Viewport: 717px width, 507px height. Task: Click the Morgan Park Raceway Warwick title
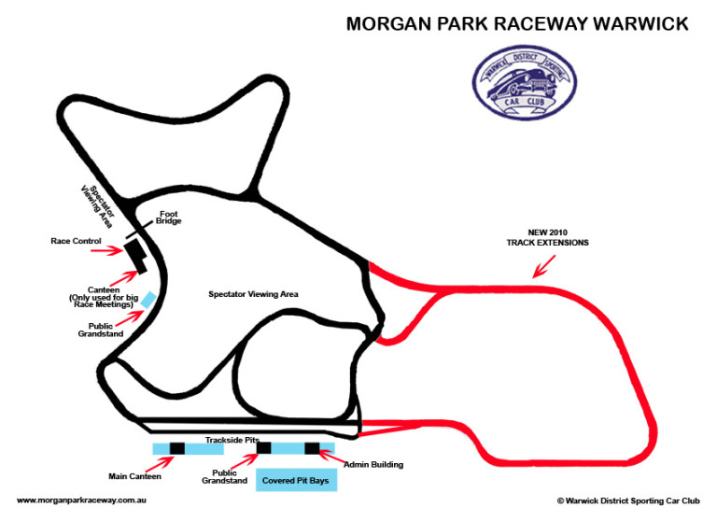click(x=517, y=23)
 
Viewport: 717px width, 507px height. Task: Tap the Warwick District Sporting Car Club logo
click(x=525, y=83)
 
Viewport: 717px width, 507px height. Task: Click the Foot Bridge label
click(x=168, y=218)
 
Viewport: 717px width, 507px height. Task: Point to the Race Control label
click(x=76, y=241)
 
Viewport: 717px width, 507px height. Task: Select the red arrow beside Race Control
click(x=106, y=250)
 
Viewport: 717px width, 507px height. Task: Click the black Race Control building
click(x=135, y=257)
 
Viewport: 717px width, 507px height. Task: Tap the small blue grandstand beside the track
click(x=148, y=300)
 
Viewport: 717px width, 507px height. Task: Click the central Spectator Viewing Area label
click(x=253, y=294)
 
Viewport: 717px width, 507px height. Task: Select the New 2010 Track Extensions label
click(x=547, y=237)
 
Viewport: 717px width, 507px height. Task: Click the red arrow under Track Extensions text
click(x=544, y=266)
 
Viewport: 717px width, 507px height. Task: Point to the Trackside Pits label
click(x=232, y=440)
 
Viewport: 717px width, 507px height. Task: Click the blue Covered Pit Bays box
click(x=296, y=480)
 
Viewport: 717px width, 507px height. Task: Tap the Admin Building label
click(x=373, y=464)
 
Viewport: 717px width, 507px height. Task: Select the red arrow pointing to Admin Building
click(x=331, y=457)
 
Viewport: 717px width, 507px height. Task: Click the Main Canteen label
click(x=134, y=476)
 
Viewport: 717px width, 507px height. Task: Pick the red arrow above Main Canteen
click(x=160, y=463)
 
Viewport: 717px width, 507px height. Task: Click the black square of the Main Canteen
click(x=177, y=448)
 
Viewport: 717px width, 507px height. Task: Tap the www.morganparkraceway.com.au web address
click(x=81, y=500)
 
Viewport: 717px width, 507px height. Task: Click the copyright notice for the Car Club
click(x=628, y=501)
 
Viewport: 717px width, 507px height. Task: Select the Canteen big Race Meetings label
click(x=104, y=297)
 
